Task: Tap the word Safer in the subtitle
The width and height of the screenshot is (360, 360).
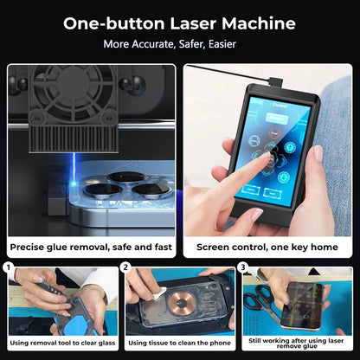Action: [x=194, y=43]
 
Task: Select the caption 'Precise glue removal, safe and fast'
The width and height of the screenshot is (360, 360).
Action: [x=92, y=247]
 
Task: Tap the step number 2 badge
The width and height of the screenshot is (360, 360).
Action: [x=126, y=268]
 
